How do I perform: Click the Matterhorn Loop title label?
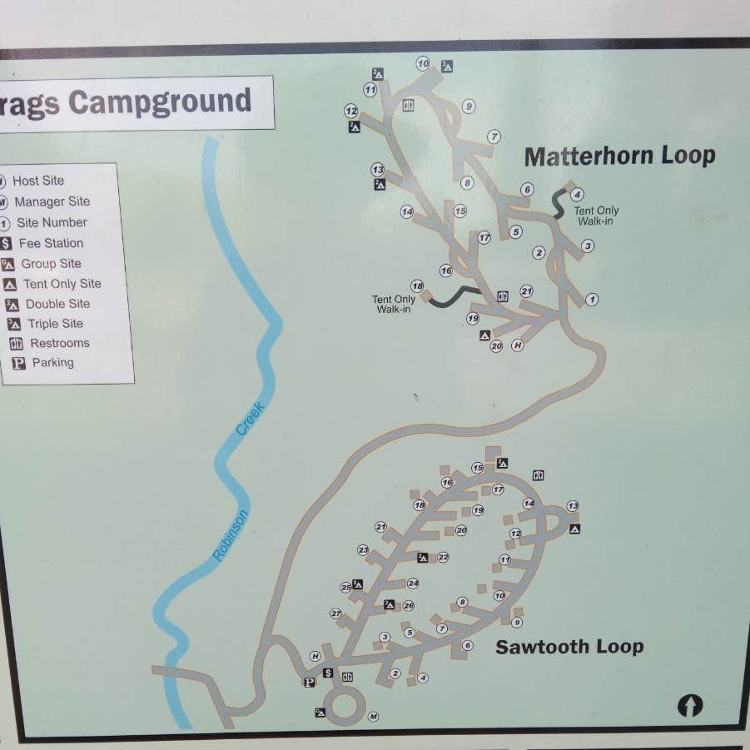(619, 156)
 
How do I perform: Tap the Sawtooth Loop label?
(569, 647)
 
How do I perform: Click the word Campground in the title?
(160, 102)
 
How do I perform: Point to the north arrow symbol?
(689, 705)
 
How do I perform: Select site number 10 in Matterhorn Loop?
(423, 63)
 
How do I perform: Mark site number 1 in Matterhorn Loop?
(592, 299)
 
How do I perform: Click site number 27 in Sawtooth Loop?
(335, 613)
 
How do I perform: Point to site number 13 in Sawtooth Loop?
(573, 506)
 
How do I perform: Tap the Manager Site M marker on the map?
(373, 717)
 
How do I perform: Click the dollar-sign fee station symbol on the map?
(328, 673)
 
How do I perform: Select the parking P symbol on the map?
(309, 683)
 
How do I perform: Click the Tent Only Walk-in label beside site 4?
(596, 216)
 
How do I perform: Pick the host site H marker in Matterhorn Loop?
(518, 345)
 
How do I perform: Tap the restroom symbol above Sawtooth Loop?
(538, 475)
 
